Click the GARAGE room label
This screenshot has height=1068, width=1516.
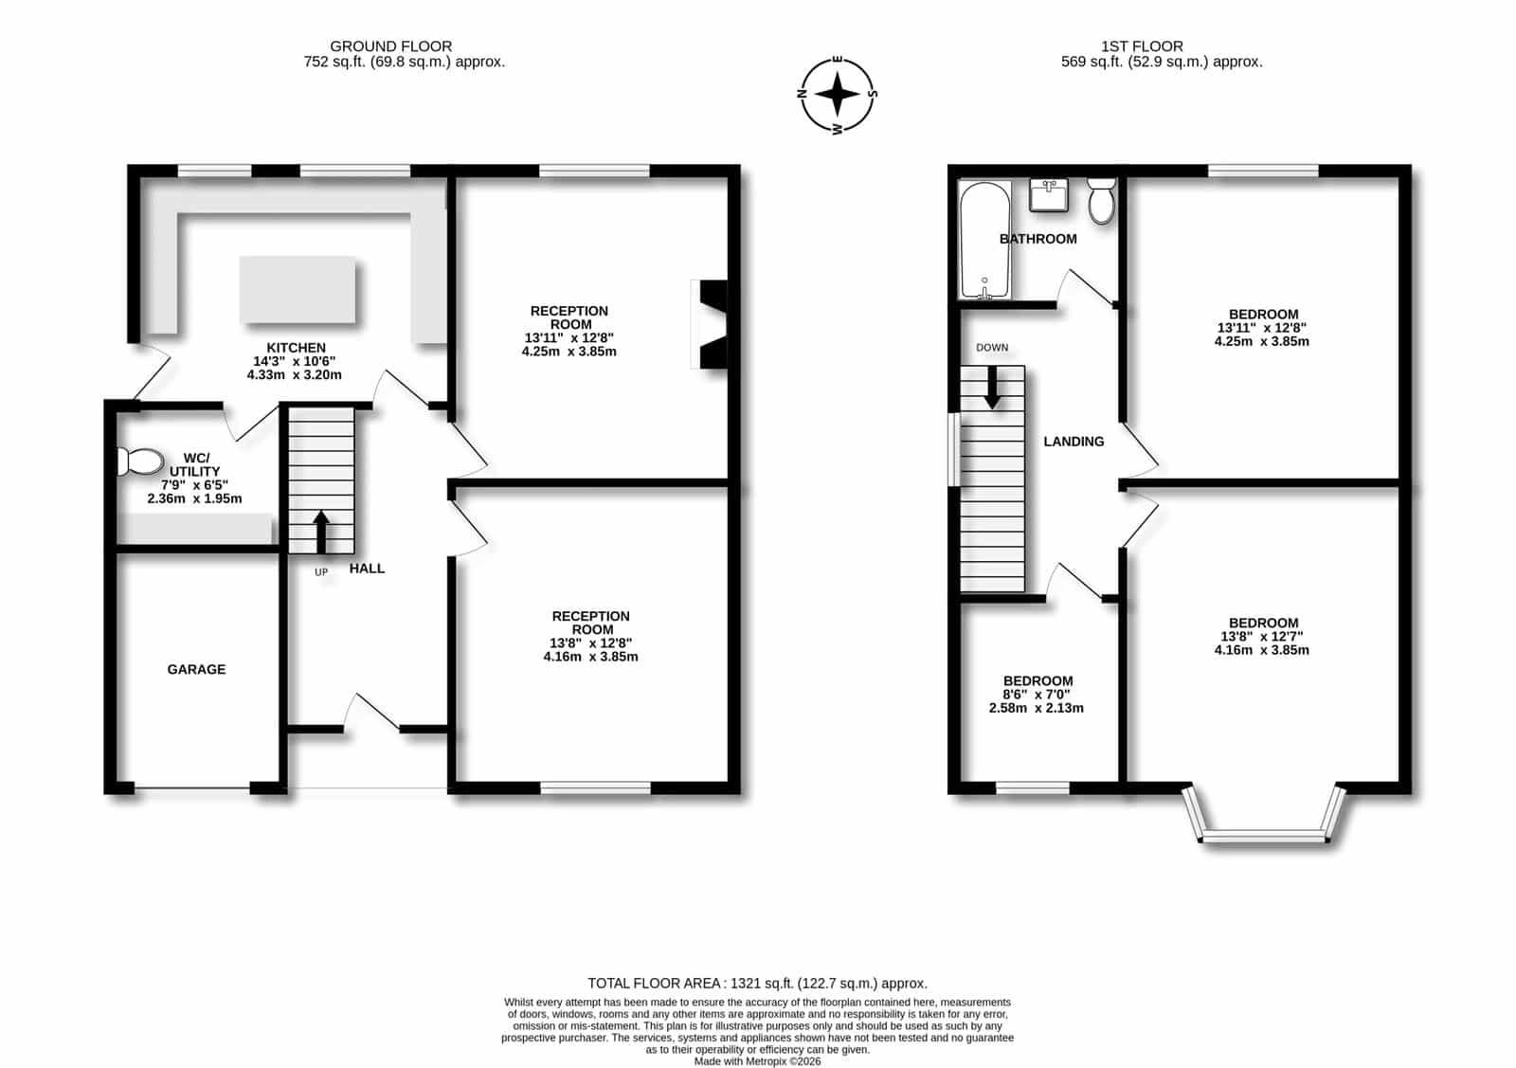point(196,669)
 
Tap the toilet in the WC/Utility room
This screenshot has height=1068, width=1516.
point(140,462)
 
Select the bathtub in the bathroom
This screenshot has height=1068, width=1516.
point(984,240)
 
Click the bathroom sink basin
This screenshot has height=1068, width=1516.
point(1049,195)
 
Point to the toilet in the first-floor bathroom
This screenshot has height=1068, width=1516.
point(1101,200)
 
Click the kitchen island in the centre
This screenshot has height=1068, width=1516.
point(298,290)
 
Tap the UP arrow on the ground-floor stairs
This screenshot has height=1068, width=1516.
point(321,532)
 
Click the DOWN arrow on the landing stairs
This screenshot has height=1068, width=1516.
point(992,388)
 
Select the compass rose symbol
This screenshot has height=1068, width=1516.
point(838,95)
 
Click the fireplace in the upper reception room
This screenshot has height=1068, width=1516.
point(711,324)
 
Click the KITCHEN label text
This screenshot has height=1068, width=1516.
point(296,348)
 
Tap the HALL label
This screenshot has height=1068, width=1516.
point(367,569)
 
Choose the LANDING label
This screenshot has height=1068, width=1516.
point(1074,442)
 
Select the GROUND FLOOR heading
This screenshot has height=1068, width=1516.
point(391,46)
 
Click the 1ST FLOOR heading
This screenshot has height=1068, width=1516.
point(1142,46)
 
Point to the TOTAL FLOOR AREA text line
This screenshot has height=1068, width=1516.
point(757,984)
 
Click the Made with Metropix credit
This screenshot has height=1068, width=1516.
point(757,1061)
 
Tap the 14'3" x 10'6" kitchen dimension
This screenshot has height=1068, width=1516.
point(295,361)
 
